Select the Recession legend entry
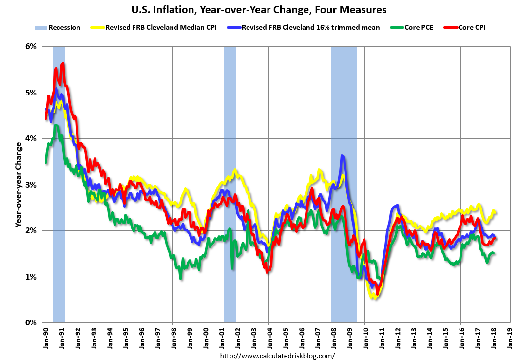(57, 27)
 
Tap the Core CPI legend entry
(471, 27)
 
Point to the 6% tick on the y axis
(31, 47)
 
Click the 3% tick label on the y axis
(31, 185)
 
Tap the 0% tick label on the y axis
(31, 322)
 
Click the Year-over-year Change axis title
(18, 185)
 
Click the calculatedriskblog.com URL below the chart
(278, 355)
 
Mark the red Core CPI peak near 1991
(63, 63)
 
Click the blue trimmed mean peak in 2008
(343, 156)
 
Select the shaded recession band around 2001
(230, 185)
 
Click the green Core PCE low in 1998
(181, 278)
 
